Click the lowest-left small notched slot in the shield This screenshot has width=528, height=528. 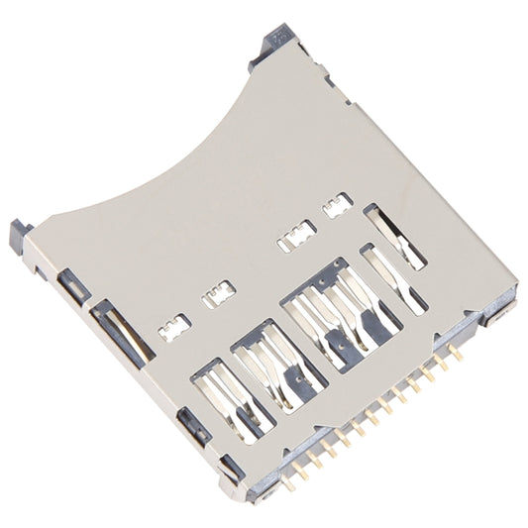[175, 328]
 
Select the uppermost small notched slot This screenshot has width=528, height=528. [338, 205]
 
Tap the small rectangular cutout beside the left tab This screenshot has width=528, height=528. [72, 287]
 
